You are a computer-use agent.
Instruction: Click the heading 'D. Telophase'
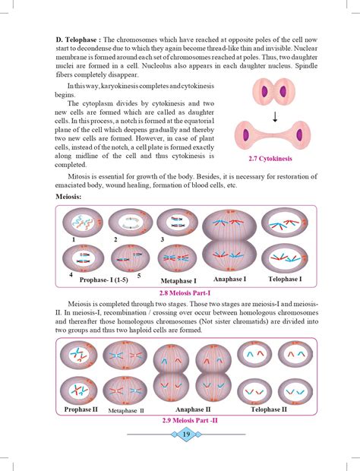tap(79, 40)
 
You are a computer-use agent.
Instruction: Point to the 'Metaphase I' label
tap(180, 280)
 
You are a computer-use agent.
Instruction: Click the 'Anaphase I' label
tap(229, 279)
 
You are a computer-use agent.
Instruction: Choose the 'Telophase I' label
tap(286, 279)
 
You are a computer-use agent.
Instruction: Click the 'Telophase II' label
tap(269, 409)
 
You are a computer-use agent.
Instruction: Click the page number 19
tap(187, 434)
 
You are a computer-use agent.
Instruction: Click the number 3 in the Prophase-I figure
tap(163, 239)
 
